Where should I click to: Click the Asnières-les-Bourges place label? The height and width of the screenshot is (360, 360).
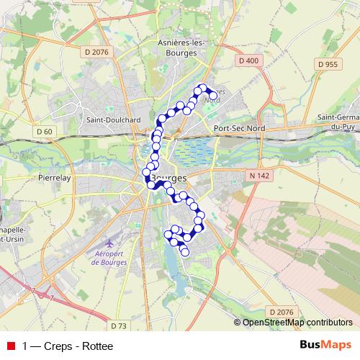click(x=181, y=47)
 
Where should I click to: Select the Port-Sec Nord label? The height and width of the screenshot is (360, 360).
click(x=240, y=128)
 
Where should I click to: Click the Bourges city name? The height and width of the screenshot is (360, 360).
click(x=166, y=177)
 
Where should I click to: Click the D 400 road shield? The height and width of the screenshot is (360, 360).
click(x=247, y=60)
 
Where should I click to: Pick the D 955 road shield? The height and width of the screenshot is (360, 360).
click(x=328, y=64)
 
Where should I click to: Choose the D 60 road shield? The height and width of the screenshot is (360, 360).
click(x=44, y=131)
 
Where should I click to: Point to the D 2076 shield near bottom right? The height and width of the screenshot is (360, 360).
click(x=282, y=311)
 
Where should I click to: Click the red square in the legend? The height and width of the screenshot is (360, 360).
click(x=10, y=346)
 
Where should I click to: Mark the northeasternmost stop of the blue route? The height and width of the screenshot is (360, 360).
click(x=212, y=95)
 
